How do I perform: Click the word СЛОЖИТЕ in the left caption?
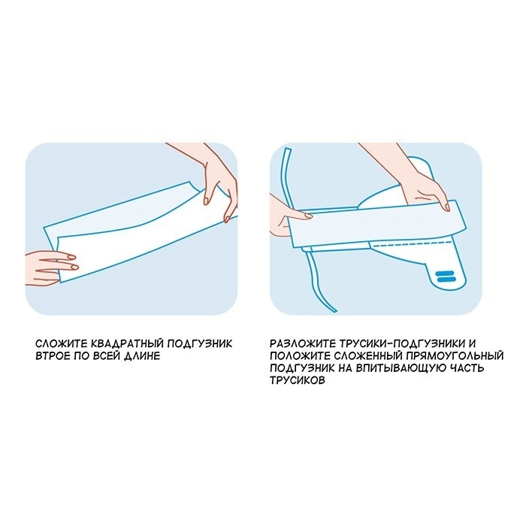click(x=61, y=344)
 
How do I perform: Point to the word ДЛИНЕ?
click(x=142, y=356)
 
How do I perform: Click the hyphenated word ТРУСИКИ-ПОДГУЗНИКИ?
click(x=402, y=344)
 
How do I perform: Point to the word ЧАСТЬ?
click(x=466, y=368)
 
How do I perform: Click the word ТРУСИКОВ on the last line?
click(x=298, y=380)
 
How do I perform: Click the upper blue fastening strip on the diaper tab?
click(x=445, y=274)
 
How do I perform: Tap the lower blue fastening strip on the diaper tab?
click(x=445, y=279)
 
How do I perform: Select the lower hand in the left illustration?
click(x=51, y=268)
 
